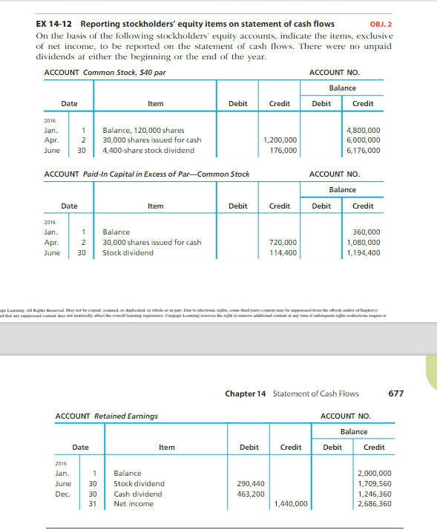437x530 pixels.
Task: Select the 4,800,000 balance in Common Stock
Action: point(364,130)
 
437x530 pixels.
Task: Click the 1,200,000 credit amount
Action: point(280,140)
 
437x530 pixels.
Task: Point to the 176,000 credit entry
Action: point(284,150)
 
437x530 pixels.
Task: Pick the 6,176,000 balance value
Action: point(364,150)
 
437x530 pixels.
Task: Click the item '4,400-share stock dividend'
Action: point(148,150)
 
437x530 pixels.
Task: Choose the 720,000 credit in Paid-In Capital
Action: point(284,242)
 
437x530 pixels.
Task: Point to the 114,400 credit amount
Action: point(284,252)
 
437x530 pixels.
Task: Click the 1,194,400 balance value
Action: point(364,252)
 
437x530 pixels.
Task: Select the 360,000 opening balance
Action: point(367,232)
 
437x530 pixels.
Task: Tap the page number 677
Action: point(396,393)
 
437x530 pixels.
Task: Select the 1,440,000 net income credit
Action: point(290,504)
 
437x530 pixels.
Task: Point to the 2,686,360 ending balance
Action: point(374,504)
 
